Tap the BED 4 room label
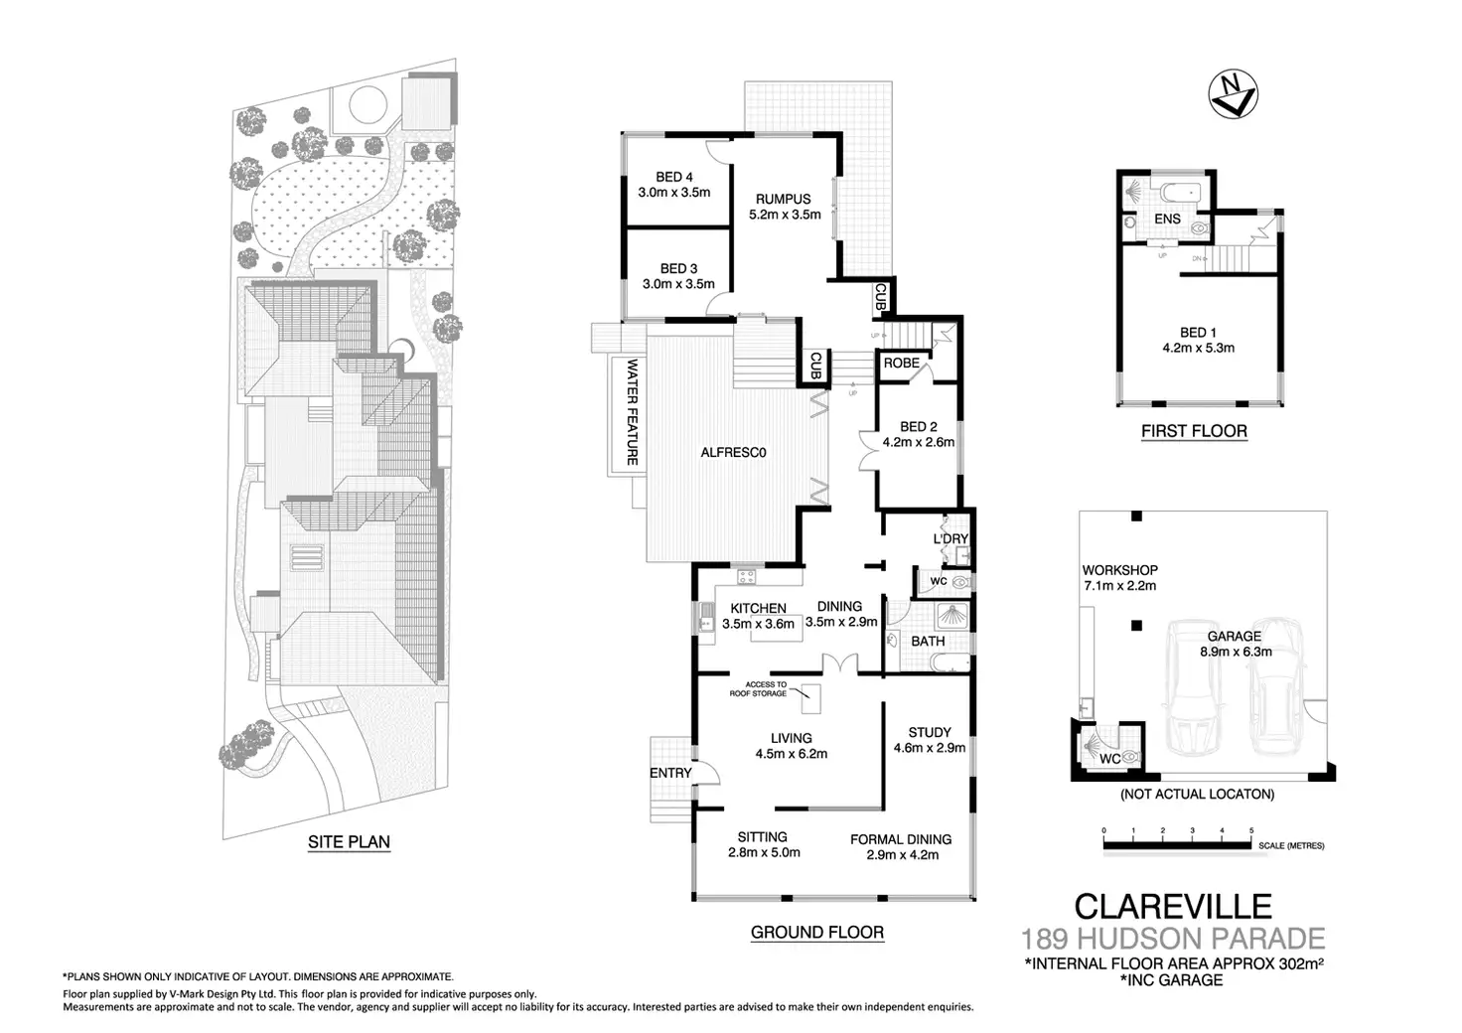pyautogui.click(x=673, y=179)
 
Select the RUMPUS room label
pyautogui.click(x=784, y=199)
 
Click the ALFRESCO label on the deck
pyautogui.click(x=735, y=453)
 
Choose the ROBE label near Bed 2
pyautogui.click(x=901, y=364)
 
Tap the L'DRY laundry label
pyautogui.click(x=950, y=539)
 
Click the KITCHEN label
pyautogui.click(x=759, y=609)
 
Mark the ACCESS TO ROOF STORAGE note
pyautogui.click(x=766, y=688)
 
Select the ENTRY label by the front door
pyautogui.click(x=670, y=773)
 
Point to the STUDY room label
pyautogui.click(x=930, y=733)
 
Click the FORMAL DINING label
pyautogui.click(x=901, y=839)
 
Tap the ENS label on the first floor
pyautogui.click(x=1168, y=220)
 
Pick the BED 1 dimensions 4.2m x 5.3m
pyautogui.click(x=1198, y=348)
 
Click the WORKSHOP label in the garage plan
pyautogui.click(x=1119, y=570)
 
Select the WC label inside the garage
pyautogui.click(x=1110, y=759)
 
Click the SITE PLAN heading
pyautogui.click(x=349, y=842)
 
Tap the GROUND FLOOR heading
pyautogui.click(x=816, y=932)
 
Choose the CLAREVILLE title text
pyautogui.click(x=1173, y=906)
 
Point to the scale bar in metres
pyautogui.click(x=1178, y=845)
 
